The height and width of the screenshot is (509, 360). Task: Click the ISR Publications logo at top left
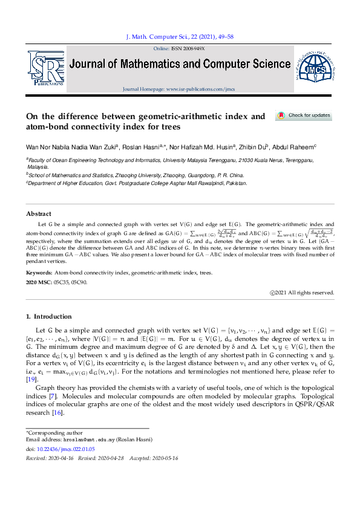(x=45, y=67)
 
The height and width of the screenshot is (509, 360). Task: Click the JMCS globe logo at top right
(x=313, y=68)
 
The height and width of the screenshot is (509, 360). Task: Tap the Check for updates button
(x=304, y=115)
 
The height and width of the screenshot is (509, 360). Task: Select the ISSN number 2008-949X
(x=189, y=48)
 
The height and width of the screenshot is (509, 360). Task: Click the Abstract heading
(x=39, y=213)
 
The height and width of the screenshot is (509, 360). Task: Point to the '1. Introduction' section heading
(x=50, y=316)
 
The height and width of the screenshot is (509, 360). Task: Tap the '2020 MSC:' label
(x=41, y=282)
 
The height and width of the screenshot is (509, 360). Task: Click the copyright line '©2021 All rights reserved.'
(x=302, y=293)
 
